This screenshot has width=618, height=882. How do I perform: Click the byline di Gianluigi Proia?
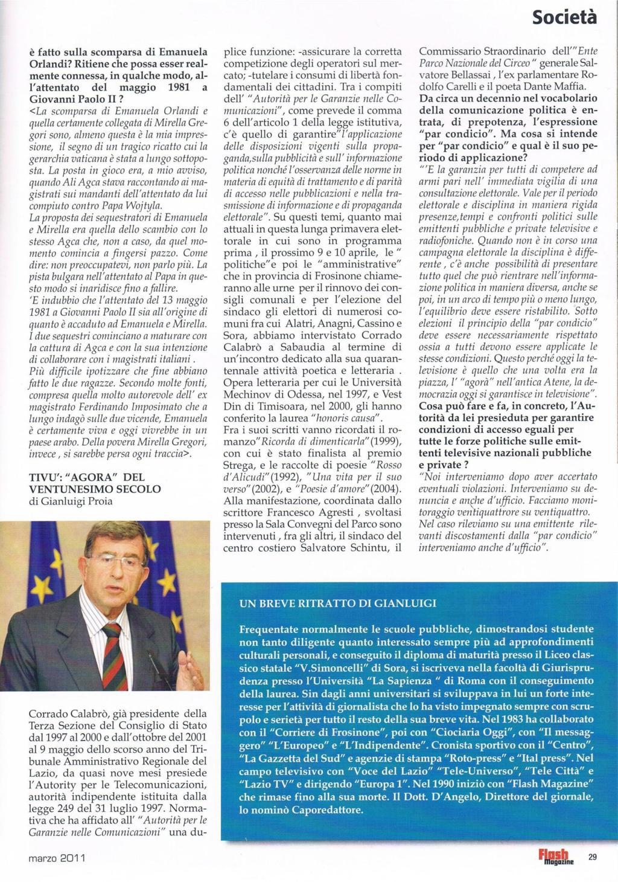(71, 501)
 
